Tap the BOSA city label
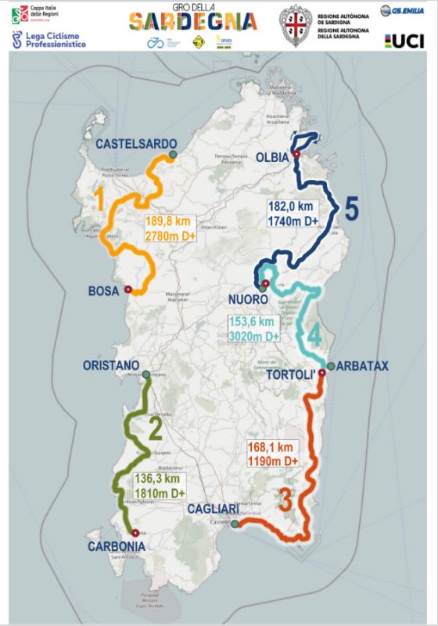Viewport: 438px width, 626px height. [103, 291]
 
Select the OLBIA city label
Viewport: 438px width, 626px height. [274, 157]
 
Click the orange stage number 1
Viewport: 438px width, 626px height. [99, 202]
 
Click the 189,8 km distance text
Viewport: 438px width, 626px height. [169, 221]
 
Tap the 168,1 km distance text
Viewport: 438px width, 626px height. [271, 448]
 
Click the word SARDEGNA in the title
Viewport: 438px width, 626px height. [192, 21]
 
